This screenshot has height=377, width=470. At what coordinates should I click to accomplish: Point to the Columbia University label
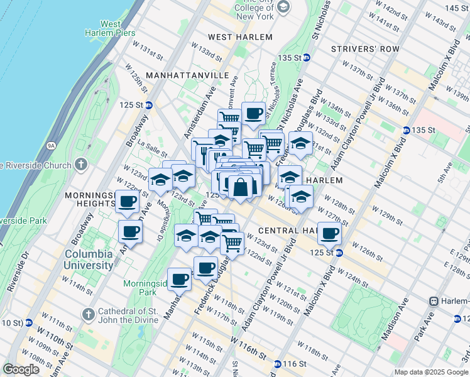click(88, 260)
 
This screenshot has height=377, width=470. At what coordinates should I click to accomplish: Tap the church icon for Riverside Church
click(80, 165)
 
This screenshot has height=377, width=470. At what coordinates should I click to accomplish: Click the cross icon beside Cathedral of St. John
click(87, 313)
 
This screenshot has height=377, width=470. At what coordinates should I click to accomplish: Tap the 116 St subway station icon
click(277, 364)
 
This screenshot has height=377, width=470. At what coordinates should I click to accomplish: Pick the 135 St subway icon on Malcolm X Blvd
click(406, 130)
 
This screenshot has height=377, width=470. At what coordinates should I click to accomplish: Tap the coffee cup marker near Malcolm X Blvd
click(329, 234)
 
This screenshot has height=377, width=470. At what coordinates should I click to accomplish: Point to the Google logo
click(22, 369)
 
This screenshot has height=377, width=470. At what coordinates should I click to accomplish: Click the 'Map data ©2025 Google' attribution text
click(430, 372)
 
